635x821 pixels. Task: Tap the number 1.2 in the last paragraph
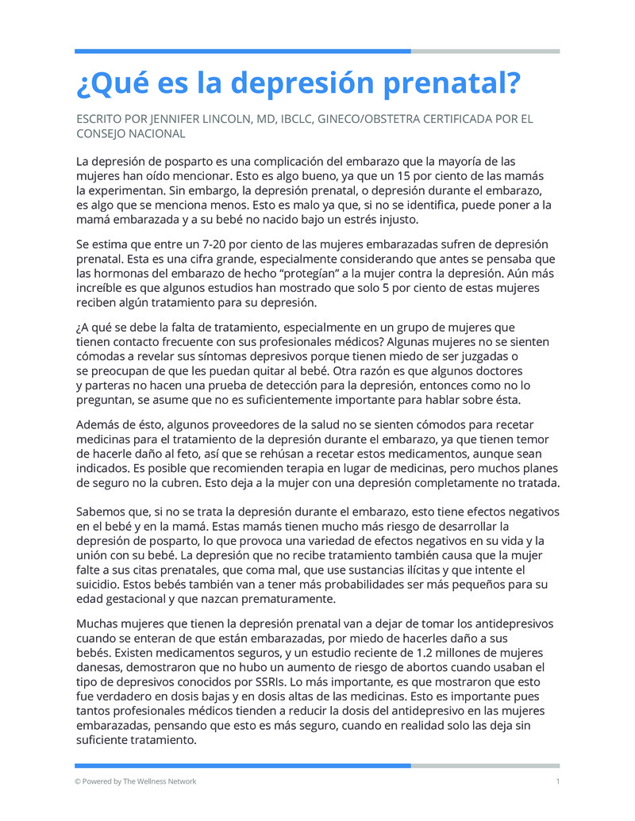[x=425, y=653]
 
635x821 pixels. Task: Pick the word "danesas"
[x=100, y=668]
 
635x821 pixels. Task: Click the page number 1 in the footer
[x=558, y=781]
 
